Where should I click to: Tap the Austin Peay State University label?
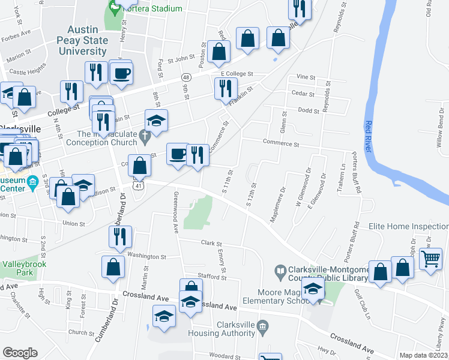(x=83, y=41)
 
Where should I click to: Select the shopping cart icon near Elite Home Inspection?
(x=432, y=260)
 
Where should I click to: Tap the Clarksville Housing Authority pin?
(x=262, y=326)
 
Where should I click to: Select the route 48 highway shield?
(x=187, y=77)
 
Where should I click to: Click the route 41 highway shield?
(x=138, y=186)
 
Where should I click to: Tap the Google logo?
(x=20, y=353)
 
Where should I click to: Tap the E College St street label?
(x=234, y=74)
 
